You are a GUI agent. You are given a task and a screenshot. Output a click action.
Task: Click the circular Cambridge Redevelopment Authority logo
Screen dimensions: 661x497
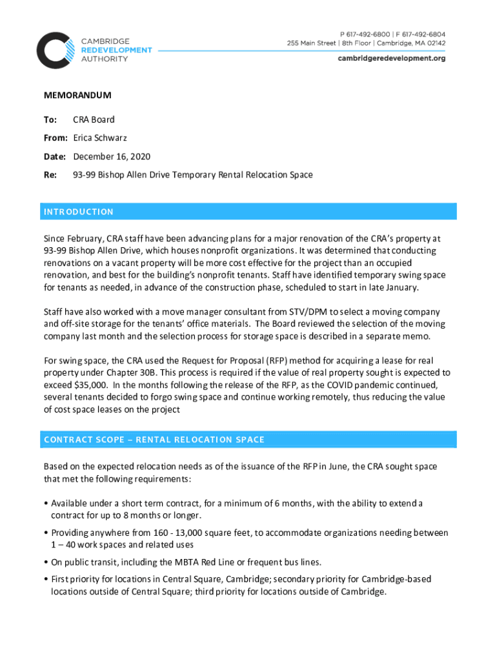(x=56, y=50)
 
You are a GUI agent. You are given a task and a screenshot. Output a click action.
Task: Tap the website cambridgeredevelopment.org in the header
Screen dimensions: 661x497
(x=392, y=58)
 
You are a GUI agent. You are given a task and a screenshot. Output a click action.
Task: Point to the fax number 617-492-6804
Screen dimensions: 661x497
(x=422, y=34)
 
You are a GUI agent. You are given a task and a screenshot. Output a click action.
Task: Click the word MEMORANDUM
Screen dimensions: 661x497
(x=77, y=96)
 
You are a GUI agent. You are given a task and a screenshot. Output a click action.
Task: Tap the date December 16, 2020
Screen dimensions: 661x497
(x=112, y=157)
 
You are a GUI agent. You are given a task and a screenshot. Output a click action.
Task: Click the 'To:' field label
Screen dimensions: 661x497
(x=50, y=120)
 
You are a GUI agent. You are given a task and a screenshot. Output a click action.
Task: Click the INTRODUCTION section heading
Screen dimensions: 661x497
(x=79, y=212)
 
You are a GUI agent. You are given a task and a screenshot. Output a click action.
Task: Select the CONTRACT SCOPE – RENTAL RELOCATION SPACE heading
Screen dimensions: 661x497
(x=154, y=440)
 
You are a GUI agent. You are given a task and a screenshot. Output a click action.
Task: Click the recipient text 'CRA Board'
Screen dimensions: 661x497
(x=94, y=120)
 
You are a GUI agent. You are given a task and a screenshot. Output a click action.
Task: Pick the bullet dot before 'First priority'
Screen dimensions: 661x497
(x=46, y=580)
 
